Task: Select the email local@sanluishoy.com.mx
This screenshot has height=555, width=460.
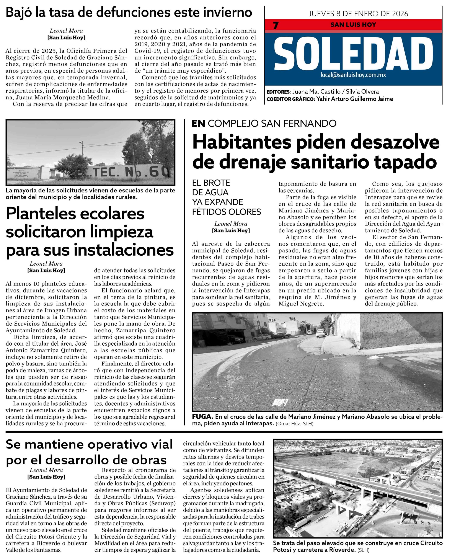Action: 353,75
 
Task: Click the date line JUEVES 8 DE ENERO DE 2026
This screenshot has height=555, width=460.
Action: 358,13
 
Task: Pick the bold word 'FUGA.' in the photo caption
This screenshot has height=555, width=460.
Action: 203,417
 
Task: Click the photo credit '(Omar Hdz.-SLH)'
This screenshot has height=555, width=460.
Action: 294,424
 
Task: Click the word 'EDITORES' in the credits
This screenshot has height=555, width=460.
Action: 278,92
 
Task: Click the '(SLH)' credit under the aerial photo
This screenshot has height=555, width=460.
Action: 363,550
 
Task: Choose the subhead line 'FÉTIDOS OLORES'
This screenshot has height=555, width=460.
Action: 227,212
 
